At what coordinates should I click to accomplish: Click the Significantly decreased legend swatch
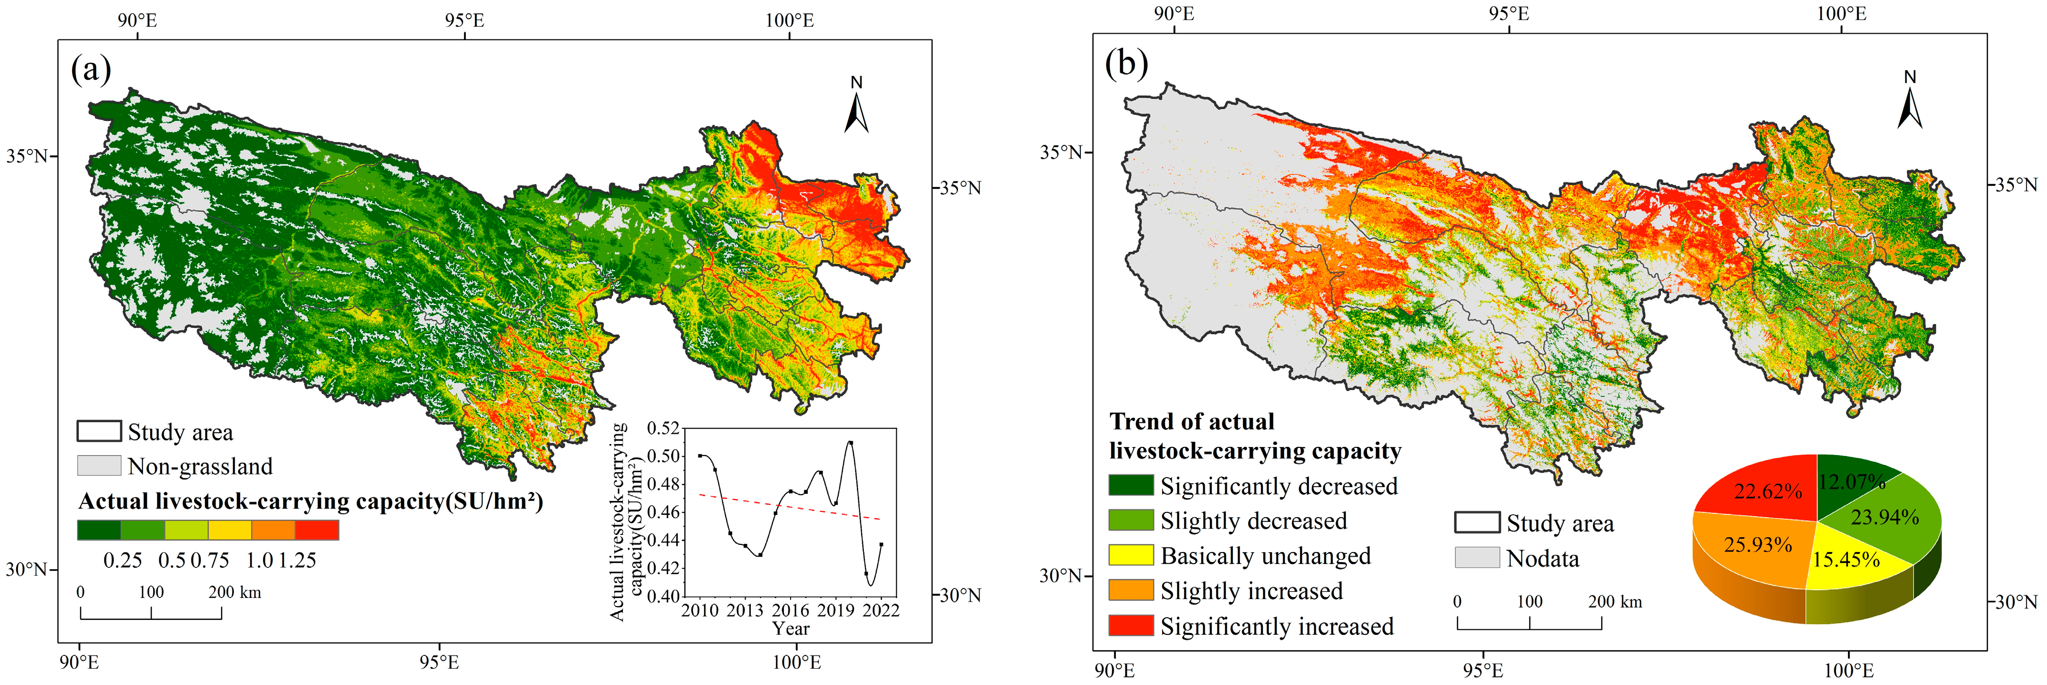(x=1130, y=486)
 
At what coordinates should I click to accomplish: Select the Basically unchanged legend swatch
(x=1130, y=555)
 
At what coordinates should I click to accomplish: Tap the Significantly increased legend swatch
(x=1130, y=625)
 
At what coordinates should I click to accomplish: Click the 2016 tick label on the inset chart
(x=790, y=610)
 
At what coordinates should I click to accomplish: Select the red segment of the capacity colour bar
(x=316, y=530)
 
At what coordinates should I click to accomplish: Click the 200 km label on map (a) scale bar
(x=234, y=592)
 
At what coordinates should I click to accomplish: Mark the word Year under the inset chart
(x=791, y=629)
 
